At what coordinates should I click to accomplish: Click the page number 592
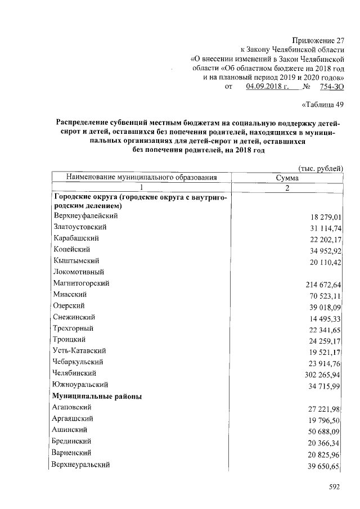[x=335, y=487]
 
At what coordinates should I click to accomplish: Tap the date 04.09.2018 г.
[x=267, y=87]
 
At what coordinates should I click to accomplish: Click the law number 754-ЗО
[x=332, y=87]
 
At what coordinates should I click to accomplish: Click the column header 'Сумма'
[x=287, y=178]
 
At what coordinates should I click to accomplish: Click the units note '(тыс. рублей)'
[x=320, y=168]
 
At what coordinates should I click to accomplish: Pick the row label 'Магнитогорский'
[x=82, y=283]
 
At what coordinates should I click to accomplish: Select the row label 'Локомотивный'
[x=78, y=272]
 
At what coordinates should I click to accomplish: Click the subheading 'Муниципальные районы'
[x=97, y=396]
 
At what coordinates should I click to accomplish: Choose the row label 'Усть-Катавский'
[x=79, y=350]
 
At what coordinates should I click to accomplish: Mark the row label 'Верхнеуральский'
[x=80, y=465]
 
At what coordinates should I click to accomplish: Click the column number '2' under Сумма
[x=287, y=188]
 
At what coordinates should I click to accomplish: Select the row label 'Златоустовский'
[x=80, y=227]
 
